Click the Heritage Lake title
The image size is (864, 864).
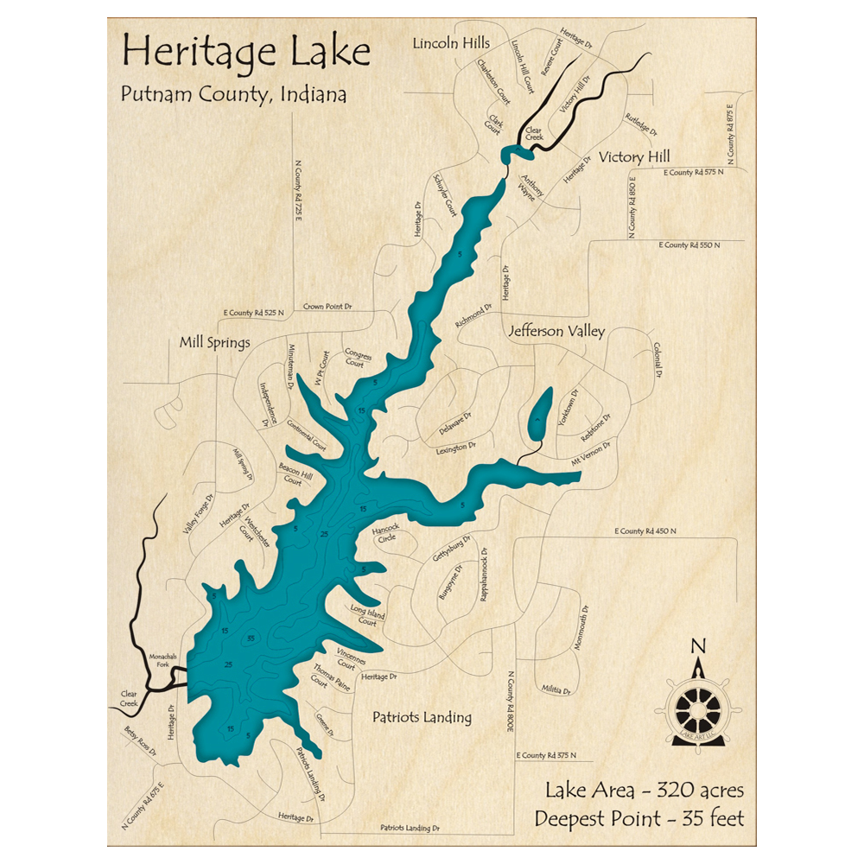[246, 53]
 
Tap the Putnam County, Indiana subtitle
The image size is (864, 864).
[233, 94]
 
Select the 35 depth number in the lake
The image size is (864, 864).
[251, 638]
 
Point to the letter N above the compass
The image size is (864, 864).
[699, 645]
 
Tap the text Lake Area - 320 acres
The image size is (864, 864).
[644, 790]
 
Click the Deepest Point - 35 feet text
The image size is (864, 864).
[638, 817]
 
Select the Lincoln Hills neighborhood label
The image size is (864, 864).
[451, 43]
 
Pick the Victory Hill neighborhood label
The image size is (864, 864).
[634, 157]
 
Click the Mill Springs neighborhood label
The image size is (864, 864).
[214, 343]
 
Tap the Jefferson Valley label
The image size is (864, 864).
[556, 331]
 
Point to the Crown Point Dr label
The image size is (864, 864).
[327, 307]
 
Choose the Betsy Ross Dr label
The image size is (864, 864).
[140, 742]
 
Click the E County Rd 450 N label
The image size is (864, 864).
[645, 530]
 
